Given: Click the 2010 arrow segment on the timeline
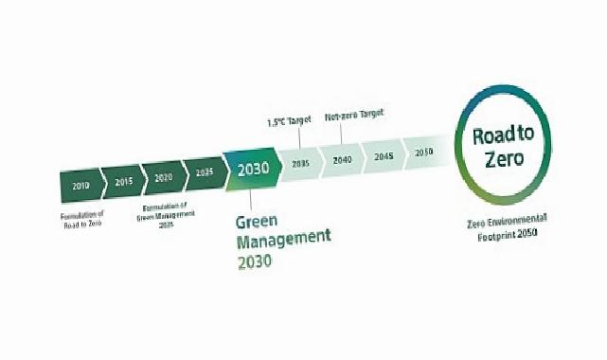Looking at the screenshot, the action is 80,186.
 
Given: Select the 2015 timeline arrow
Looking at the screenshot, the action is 122,182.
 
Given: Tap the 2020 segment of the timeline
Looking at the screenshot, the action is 163,178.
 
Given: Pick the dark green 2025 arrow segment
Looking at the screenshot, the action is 204,173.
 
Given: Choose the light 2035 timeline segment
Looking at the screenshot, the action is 301,163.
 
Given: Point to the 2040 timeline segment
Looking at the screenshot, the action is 342,159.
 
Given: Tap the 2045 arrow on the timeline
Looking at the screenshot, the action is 383,155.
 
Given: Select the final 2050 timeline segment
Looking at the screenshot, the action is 423,152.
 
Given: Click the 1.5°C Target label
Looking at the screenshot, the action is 288,122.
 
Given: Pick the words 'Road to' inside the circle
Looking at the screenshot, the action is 503,134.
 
